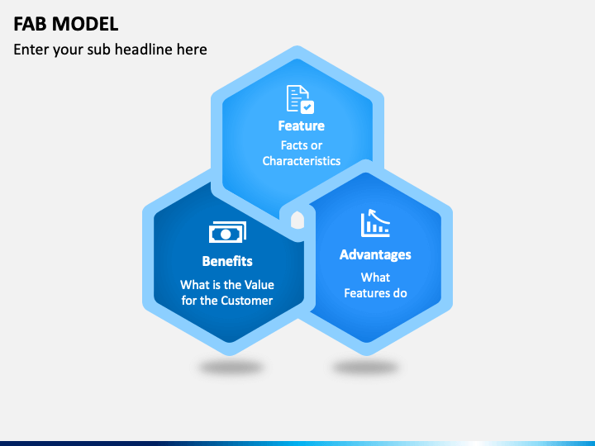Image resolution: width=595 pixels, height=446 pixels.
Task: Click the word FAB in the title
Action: [x=31, y=24]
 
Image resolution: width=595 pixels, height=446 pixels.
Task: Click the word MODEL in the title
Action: [x=85, y=24]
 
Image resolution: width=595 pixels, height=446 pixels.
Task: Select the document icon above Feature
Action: [x=300, y=99]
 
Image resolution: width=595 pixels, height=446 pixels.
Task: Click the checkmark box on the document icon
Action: [x=307, y=107]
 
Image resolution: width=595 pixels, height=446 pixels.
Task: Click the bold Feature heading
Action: [x=302, y=126]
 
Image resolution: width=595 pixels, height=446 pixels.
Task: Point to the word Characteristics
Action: [x=302, y=161]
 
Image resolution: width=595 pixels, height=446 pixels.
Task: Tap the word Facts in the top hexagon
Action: [x=293, y=145]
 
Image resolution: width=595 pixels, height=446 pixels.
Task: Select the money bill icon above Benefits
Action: [x=227, y=232]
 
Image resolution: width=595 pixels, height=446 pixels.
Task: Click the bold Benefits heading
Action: [x=227, y=261]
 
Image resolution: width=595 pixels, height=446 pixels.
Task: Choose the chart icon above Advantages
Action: [x=375, y=223]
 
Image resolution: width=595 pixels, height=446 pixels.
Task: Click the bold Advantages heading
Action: [x=375, y=255]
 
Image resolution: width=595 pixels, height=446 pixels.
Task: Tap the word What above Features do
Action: [x=375, y=278]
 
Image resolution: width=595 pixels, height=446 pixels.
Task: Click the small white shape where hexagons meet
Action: [x=297, y=221]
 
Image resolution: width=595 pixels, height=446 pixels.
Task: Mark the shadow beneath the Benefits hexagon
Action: [x=231, y=367]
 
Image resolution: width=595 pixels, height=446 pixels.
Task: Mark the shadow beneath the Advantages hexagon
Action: [x=366, y=367]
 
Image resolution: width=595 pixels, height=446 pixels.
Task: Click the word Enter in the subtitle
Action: [x=31, y=50]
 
